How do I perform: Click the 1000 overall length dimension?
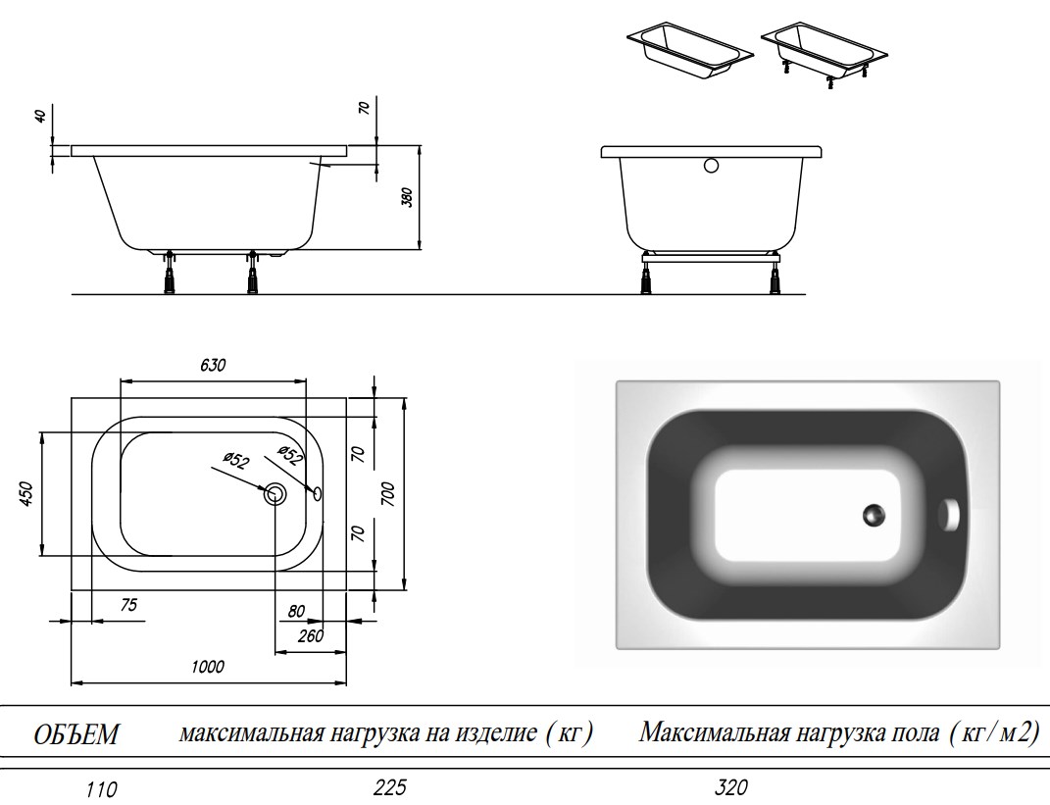tap(208, 667)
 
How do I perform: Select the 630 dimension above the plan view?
tap(213, 365)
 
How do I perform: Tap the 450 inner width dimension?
tap(25, 493)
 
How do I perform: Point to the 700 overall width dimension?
tap(389, 493)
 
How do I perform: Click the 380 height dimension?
tap(407, 197)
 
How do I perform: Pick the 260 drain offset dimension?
tap(311, 635)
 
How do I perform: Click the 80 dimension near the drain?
tap(296, 611)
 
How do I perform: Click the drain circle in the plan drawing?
tap(275, 494)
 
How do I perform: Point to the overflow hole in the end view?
tap(711, 165)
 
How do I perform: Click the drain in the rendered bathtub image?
tap(874, 515)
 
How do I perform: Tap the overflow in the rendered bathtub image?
tap(949, 515)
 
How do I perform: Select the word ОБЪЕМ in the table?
tap(75, 734)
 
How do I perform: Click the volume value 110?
tap(102, 790)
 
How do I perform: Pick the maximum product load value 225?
tap(390, 787)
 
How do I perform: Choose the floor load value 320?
tap(730, 787)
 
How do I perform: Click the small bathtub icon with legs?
tap(825, 56)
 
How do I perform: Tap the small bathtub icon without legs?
tap(690, 53)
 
